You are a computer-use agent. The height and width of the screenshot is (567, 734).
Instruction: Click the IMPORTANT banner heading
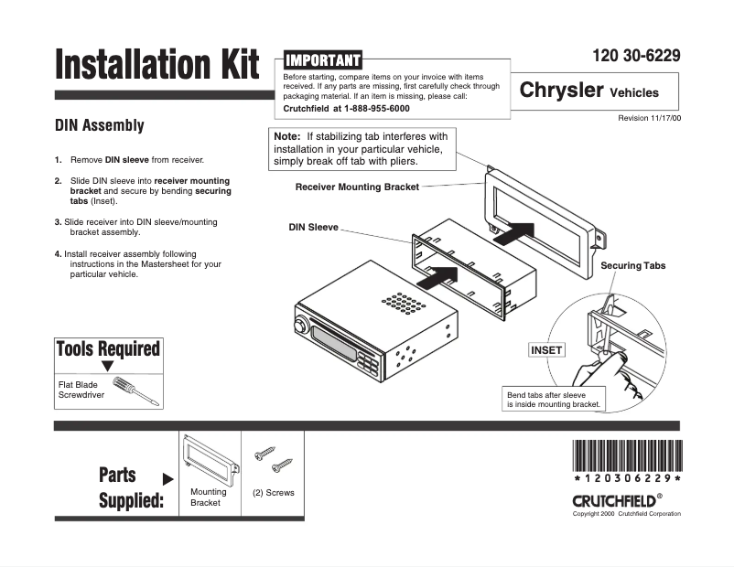coord(323,59)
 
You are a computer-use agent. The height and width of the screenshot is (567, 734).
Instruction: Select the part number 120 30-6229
coord(637,56)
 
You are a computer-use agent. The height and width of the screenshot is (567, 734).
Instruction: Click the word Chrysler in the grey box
coord(561,91)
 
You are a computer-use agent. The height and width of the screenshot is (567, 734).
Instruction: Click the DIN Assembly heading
coord(100,125)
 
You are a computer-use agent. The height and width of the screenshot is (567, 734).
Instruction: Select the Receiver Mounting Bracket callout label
coord(357,187)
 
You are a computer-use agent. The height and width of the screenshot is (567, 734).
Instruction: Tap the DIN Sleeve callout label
coord(314,226)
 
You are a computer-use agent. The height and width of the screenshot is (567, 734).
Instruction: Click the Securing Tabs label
coord(632,265)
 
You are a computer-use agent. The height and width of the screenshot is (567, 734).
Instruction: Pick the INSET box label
coord(546,349)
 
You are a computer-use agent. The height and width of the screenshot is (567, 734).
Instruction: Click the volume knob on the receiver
coord(299,325)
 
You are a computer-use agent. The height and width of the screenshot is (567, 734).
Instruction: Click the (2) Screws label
coord(273,493)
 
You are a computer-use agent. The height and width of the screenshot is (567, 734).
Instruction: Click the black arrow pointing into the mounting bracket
coord(516,229)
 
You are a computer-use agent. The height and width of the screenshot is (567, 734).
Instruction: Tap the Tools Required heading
coord(107,348)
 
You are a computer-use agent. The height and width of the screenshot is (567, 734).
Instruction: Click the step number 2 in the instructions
coord(58,181)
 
